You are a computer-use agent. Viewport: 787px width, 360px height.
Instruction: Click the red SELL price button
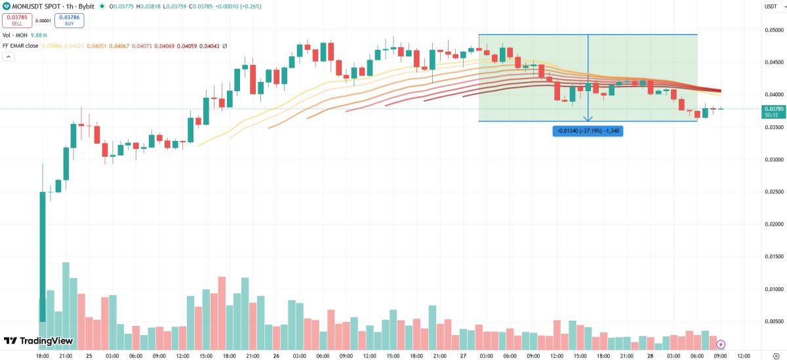16,20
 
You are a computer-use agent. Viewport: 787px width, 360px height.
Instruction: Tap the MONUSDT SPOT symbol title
41,6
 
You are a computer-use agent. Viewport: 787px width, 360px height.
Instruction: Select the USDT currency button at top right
770,6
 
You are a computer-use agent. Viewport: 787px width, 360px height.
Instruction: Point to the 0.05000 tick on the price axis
775,30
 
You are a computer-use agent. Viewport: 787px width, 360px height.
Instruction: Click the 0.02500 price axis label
775,192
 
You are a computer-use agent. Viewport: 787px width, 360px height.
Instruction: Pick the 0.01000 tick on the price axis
775,289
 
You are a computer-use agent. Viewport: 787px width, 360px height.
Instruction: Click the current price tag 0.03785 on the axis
771,109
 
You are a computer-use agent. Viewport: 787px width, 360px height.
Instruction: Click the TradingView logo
29,341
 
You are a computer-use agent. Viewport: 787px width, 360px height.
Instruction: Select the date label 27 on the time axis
462,356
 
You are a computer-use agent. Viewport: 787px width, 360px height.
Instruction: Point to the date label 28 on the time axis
650,356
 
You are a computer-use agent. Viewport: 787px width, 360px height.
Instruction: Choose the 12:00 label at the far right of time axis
743,356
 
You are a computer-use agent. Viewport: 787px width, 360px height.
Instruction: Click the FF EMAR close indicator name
20,46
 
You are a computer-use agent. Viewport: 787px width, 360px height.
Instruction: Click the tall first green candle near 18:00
43,256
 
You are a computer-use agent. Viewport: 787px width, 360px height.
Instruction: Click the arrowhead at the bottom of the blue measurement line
588,119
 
